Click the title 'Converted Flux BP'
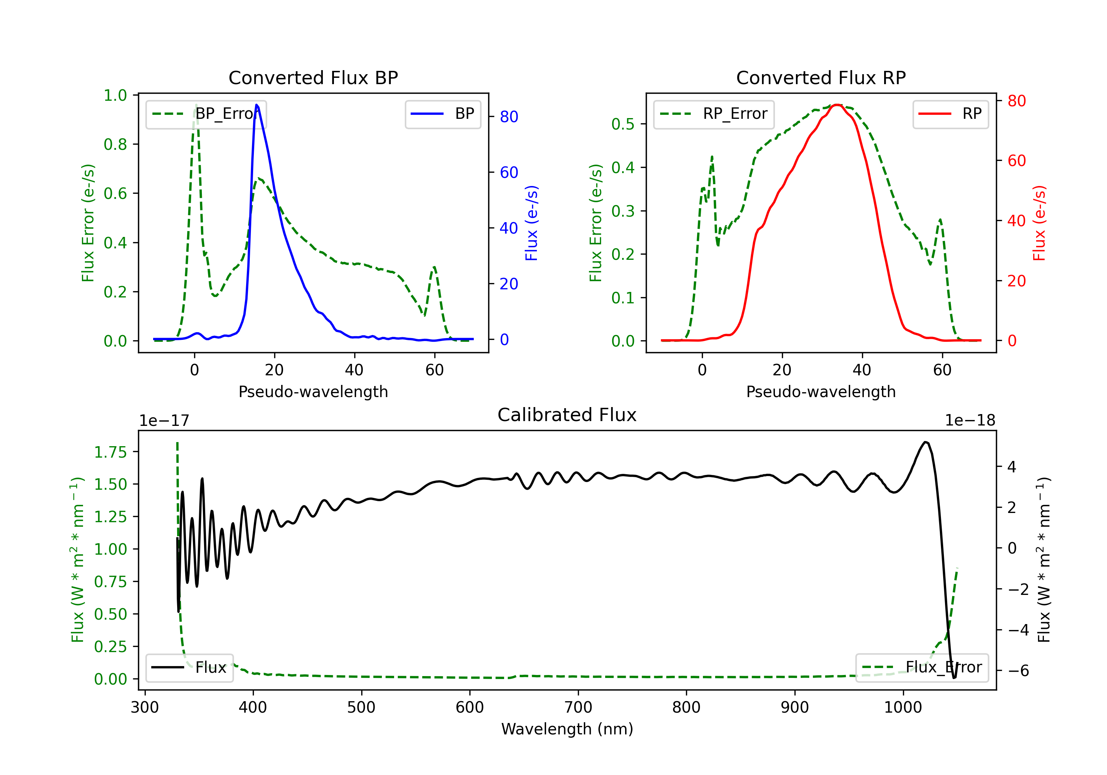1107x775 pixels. pyautogui.click(x=313, y=77)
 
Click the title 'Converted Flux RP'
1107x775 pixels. pyautogui.click(x=821, y=77)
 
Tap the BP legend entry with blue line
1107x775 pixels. pyautogui.click(x=442, y=114)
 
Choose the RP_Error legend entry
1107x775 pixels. pyautogui.click(x=714, y=114)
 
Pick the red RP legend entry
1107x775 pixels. pyautogui.click(x=950, y=114)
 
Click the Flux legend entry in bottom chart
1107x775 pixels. pyautogui.click(x=190, y=668)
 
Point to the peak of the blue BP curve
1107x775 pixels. pyautogui.click(x=257, y=105)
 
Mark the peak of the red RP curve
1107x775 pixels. pyautogui.click(x=838, y=105)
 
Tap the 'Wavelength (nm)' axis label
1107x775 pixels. pyautogui.click(x=567, y=729)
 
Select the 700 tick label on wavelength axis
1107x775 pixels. pyautogui.click(x=578, y=707)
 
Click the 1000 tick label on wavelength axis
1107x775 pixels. pyautogui.click(x=903, y=707)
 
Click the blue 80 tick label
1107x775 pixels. pyautogui.click(x=508, y=117)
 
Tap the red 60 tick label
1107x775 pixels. pyautogui.click(x=1016, y=161)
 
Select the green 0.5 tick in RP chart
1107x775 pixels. pyautogui.click(x=623, y=124)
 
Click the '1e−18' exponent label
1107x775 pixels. pyautogui.click(x=970, y=421)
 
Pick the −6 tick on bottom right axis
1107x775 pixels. pyautogui.click(x=1018, y=671)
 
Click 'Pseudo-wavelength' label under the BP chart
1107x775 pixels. pyautogui.click(x=313, y=392)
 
